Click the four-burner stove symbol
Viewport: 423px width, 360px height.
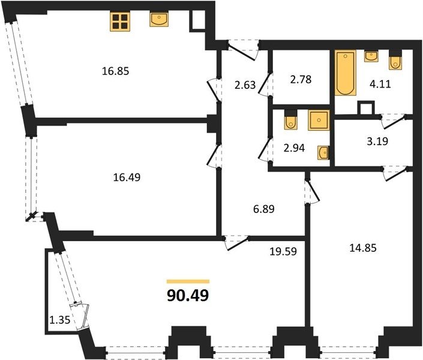tap(120, 22)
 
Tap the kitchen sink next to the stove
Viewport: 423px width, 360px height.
tap(159, 19)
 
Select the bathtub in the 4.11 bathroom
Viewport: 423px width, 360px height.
tap(346, 73)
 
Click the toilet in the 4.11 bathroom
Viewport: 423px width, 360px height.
tap(395, 59)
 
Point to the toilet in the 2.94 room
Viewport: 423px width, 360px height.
tap(290, 119)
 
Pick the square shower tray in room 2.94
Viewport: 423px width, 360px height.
tap(319, 120)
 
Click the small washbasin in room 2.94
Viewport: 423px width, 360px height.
tap(323, 153)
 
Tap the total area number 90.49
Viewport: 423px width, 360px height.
tap(188, 295)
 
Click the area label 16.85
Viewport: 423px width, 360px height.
tap(115, 71)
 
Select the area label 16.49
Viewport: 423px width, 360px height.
tap(127, 178)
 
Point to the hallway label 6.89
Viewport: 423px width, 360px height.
tap(264, 209)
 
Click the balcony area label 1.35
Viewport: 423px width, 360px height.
tap(60, 320)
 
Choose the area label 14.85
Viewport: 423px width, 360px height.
tap(363, 248)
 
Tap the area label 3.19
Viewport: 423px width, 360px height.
tap(377, 141)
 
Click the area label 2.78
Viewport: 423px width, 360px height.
tap(301, 80)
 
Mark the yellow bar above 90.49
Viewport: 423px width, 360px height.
tap(188, 281)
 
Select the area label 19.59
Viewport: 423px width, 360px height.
tap(283, 251)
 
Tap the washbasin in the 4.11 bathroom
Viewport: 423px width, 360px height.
tap(371, 56)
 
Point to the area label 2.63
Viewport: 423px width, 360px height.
tap(245, 85)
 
